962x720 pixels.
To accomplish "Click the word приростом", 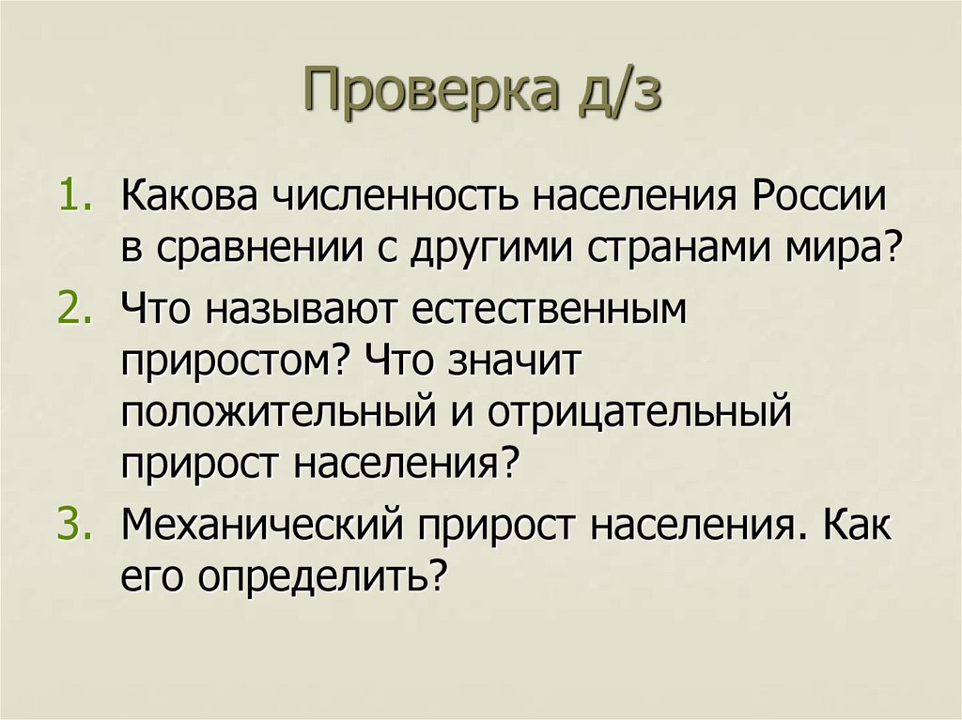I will pos(235,360).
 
